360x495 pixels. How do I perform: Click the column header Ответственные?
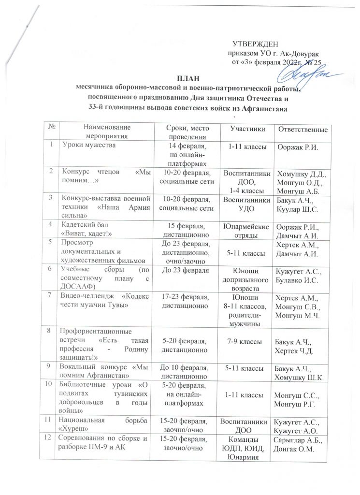(302, 129)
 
